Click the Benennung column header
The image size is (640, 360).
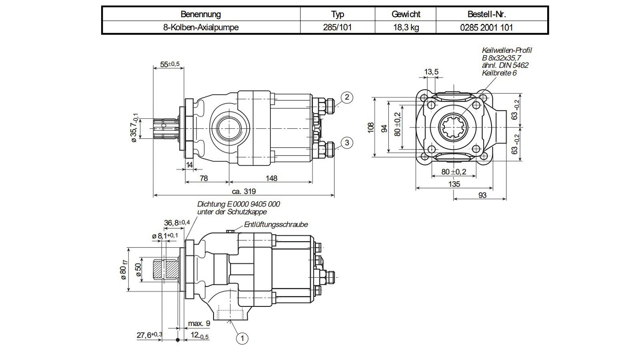[200, 14]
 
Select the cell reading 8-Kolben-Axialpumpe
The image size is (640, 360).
[200, 28]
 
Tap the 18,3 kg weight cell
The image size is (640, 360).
[406, 28]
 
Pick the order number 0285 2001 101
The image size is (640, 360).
[486, 28]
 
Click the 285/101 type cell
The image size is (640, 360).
[337, 28]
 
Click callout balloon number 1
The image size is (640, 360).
[242, 338]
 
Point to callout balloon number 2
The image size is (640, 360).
[347, 97]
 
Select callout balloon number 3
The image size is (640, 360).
[347, 142]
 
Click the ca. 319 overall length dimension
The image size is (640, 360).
[244, 191]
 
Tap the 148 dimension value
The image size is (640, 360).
[271, 178]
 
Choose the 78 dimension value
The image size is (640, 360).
[204, 178]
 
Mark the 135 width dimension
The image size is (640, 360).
[454, 184]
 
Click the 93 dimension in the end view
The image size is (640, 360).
[482, 195]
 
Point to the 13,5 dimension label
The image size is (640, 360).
[431, 72]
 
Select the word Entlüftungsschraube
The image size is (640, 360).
[276, 224]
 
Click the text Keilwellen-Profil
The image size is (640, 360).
[506, 50]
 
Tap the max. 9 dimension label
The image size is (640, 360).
[199, 324]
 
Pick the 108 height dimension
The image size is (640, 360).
[370, 128]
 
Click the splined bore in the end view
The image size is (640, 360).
[453, 128]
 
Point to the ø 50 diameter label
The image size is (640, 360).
[138, 270]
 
